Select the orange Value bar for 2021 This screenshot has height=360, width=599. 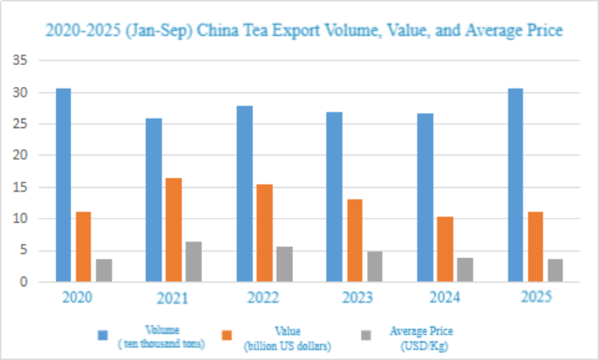coord(174,230)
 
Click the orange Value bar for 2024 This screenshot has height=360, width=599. coord(445,249)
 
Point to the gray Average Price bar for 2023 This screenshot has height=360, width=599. coord(374,266)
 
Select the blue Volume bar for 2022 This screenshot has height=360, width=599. coord(244,194)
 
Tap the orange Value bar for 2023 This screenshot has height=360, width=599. coord(354,240)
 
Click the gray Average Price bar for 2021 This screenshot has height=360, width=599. coord(194,261)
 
